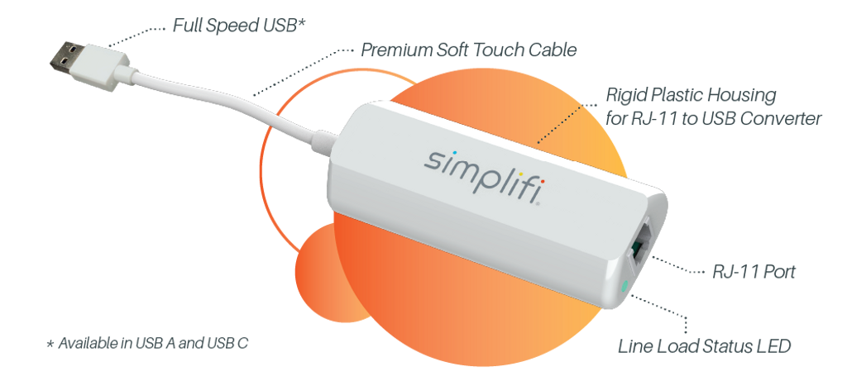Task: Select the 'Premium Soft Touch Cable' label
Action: pos(467,50)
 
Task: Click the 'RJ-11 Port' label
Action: pos(754,272)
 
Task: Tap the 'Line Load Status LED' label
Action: pos(705,345)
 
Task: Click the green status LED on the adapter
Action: pos(622,288)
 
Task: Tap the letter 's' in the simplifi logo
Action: pos(435,158)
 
